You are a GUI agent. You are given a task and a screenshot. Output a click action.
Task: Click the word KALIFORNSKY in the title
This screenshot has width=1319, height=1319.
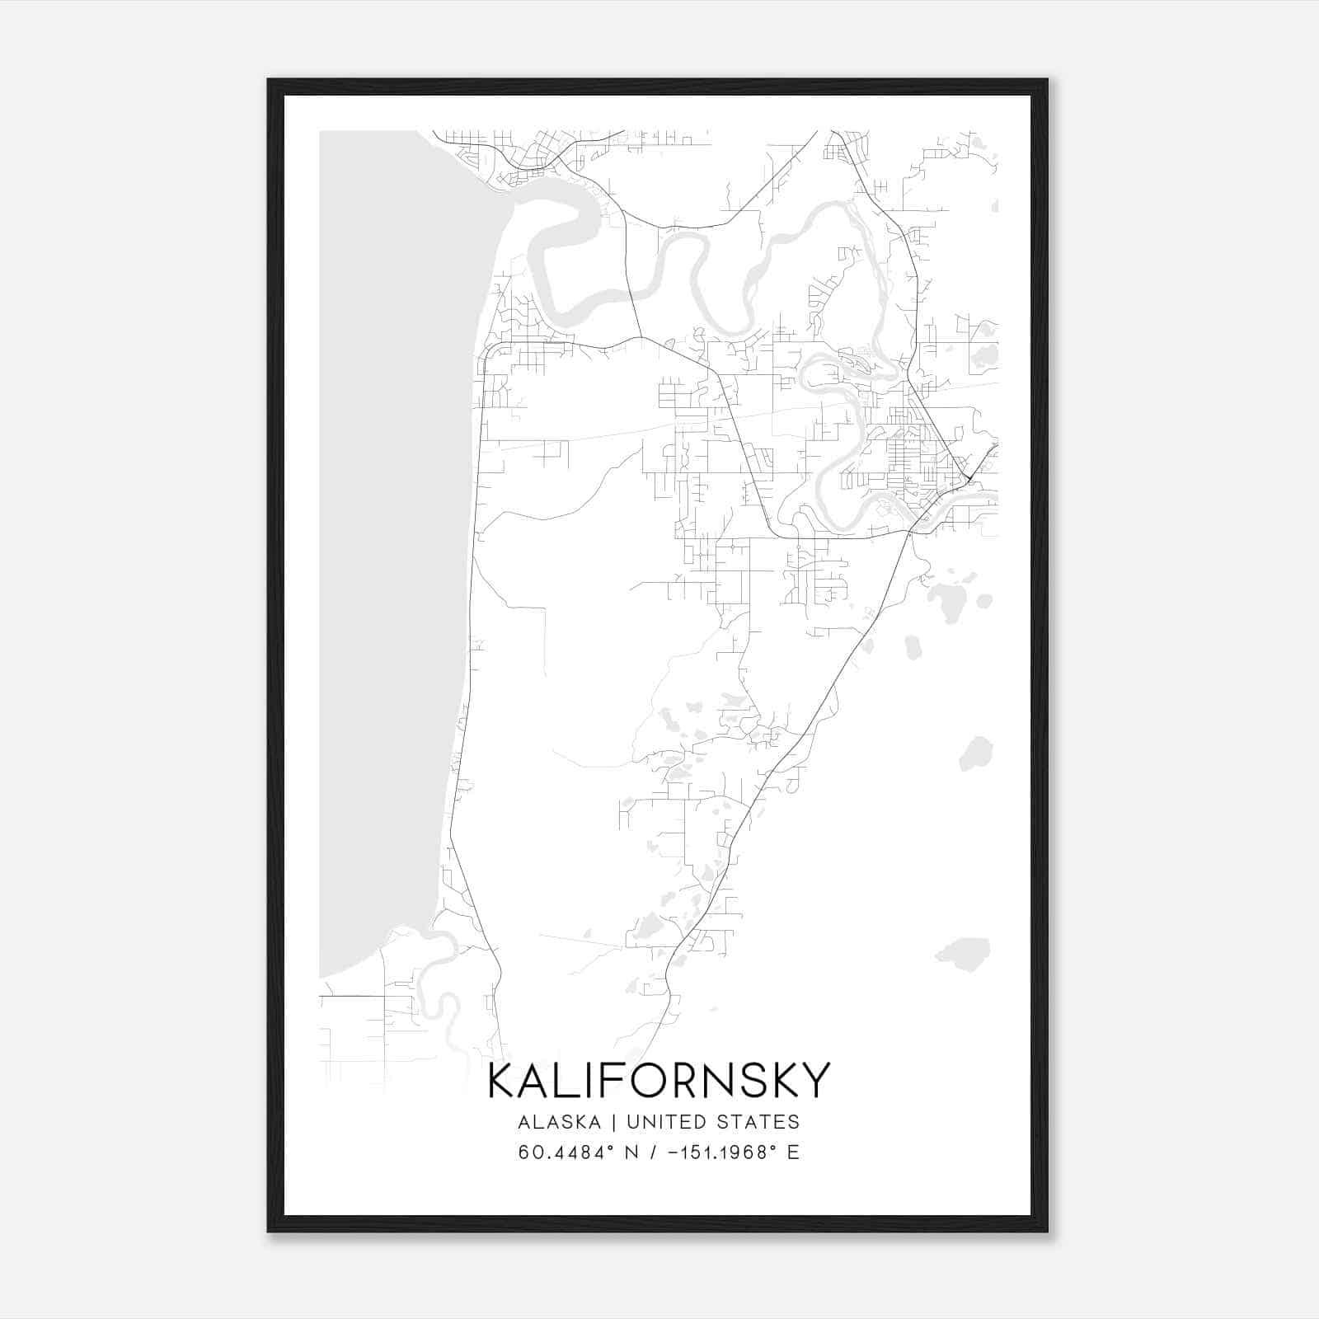click(659, 1081)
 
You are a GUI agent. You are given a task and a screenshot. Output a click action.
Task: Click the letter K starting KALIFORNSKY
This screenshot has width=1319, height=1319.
click(502, 1081)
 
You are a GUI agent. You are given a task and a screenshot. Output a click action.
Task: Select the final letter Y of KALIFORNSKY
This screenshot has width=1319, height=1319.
click(814, 1081)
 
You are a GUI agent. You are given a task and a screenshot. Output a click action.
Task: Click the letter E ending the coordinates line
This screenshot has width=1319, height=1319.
click(793, 1152)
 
